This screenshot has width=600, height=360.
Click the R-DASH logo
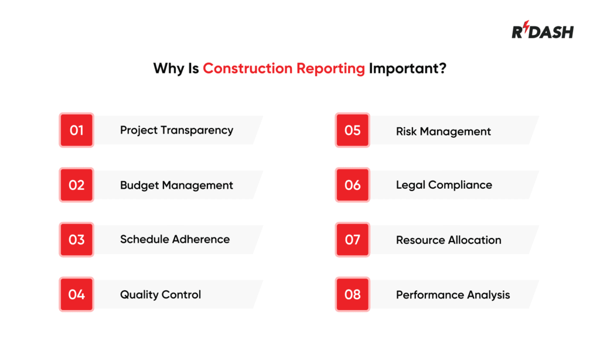point(542,31)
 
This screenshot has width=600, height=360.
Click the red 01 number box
point(77,130)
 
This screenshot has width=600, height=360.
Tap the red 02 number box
point(77,185)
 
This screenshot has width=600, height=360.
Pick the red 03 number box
point(77,240)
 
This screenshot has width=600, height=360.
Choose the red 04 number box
point(77,294)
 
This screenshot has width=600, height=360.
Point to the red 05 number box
point(353,130)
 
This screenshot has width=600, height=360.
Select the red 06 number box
point(353,185)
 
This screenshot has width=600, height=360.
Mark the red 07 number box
point(353,240)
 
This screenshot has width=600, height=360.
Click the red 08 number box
point(353,294)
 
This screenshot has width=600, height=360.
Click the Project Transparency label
point(176,130)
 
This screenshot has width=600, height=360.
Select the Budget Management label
point(176,185)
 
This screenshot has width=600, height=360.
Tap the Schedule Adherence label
point(175,239)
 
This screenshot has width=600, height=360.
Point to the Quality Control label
point(161,294)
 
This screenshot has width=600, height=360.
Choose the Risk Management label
point(444,131)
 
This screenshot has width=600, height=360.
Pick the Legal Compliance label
point(444,185)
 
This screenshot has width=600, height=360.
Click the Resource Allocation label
point(449,240)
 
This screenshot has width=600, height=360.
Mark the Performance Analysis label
point(453,294)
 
